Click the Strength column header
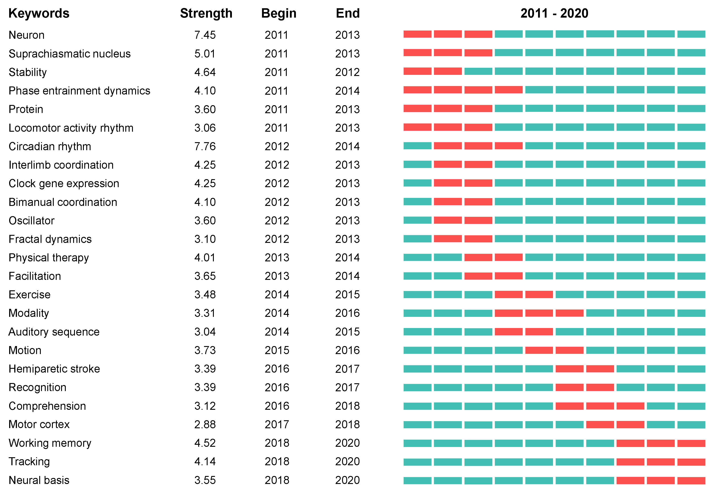(x=206, y=13)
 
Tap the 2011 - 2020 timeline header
(x=554, y=13)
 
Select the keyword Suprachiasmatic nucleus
(x=70, y=54)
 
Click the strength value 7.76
(x=205, y=146)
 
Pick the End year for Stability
(x=347, y=72)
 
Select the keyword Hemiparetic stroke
(x=54, y=369)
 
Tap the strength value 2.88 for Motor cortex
(x=205, y=424)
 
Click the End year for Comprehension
(x=347, y=406)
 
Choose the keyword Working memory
(x=50, y=443)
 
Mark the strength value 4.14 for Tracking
(x=205, y=461)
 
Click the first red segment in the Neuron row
(x=417, y=34)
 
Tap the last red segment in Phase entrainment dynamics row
(x=509, y=90)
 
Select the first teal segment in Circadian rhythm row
(x=417, y=146)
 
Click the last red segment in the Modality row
(x=570, y=313)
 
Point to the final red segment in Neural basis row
(x=691, y=480)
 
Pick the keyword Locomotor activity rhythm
(x=71, y=128)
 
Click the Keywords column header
(x=39, y=13)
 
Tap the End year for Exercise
(x=347, y=295)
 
